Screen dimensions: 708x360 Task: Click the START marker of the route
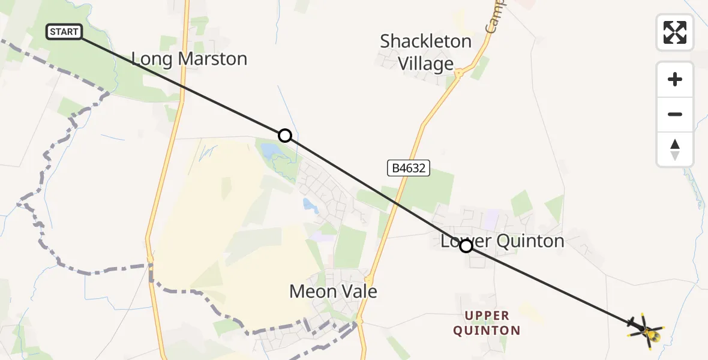[x=64, y=32]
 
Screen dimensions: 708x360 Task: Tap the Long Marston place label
[x=189, y=59]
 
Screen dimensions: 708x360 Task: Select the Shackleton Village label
[x=425, y=52]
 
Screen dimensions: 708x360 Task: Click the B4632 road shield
[x=409, y=168]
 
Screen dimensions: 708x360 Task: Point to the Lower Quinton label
[x=503, y=241]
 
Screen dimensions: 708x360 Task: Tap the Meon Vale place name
[x=333, y=292]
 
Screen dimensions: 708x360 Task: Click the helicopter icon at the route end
[x=646, y=329]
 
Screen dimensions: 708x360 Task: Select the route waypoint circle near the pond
[x=285, y=136]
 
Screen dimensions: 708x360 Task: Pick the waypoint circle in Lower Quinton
[x=466, y=245]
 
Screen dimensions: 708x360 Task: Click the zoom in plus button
[x=675, y=79]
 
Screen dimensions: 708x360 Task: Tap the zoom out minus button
[x=675, y=115]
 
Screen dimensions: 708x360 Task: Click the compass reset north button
[x=675, y=149]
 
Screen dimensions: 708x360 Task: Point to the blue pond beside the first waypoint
[x=271, y=151]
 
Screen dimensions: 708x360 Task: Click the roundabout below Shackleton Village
[x=458, y=74]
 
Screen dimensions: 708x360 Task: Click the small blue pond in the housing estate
[x=310, y=206]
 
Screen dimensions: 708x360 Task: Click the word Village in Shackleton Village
[x=425, y=64]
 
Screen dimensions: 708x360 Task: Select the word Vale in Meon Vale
[x=358, y=292]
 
